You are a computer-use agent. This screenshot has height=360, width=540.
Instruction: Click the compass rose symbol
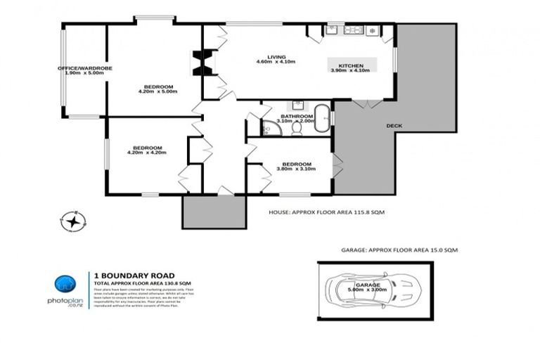tap(72, 221)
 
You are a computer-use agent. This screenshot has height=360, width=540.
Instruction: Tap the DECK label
tap(394, 126)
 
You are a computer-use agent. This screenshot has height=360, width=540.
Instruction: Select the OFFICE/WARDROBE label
tap(84, 68)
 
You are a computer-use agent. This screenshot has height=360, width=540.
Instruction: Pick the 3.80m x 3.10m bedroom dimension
tap(294, 169)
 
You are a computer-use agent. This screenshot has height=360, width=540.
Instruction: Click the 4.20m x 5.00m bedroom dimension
tap(157, 91)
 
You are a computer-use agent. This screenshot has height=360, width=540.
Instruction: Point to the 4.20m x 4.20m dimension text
tap(146, 152)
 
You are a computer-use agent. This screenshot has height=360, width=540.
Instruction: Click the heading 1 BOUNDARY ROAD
tap(124, 275)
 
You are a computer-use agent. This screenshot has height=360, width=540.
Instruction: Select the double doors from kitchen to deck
tap(362, 104)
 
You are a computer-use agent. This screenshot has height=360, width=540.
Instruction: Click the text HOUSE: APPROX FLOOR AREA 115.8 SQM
tap(327, 212)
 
